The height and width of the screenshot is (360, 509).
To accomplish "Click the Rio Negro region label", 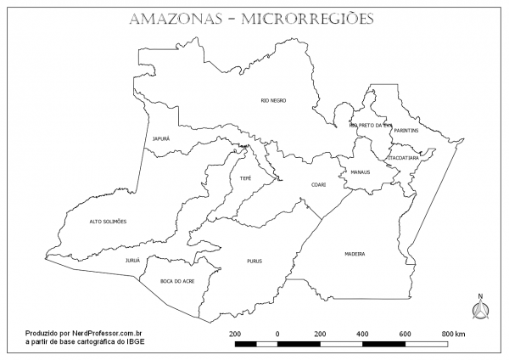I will pyautogui.click(x=272, y=100).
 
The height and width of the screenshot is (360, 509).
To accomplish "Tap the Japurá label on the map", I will pyautogui.click(x=161, y=138).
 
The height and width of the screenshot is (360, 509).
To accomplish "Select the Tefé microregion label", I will pyautogui.click(x=245, y=178).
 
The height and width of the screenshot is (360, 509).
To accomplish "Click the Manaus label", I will pyautogui.click(x=360, y=172).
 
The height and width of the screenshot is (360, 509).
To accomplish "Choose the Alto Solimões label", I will pyautogui.click(x=108, y=222).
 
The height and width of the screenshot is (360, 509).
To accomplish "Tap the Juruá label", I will pyautogui.click(x=132, y=260).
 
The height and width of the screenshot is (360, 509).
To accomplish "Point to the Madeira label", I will pyautogui.click(x=355, y=254).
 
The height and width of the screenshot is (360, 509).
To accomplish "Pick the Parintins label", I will pyautogui.click(x=406, y=130).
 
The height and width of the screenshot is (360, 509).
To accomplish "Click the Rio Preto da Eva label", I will pyautogui.click(x=371, y=126).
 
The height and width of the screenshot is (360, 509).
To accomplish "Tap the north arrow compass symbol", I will pyautogui.click(x=480, y=308).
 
